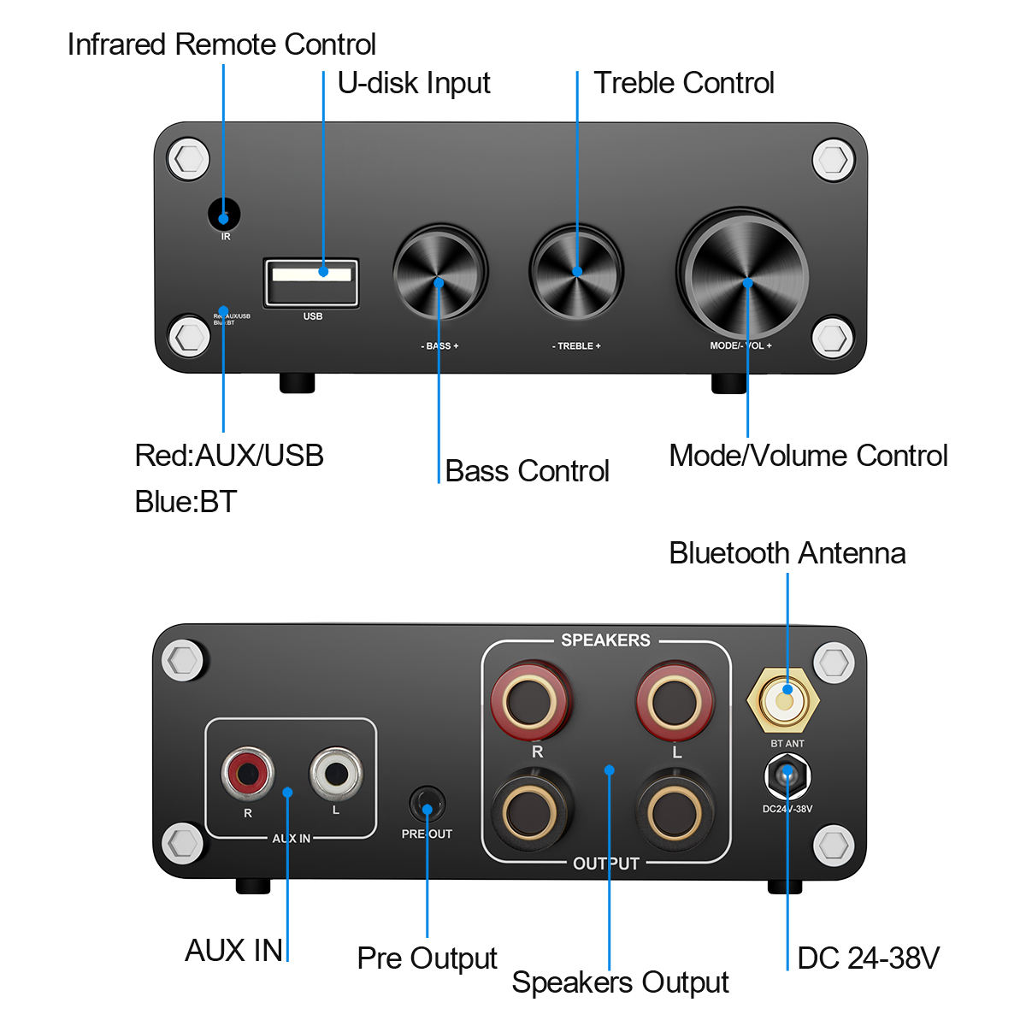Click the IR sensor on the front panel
coord(224,215)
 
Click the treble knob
coord(576,273)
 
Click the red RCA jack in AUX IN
coord(248,774)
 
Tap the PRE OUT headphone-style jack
coord(427,805)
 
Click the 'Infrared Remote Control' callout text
coord(221,44)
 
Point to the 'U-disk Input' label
coord(414,83)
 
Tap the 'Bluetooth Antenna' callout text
coord(787,553)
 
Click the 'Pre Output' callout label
coord(427,958)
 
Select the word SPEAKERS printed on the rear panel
coord(605,640)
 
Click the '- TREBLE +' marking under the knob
coord(576,346)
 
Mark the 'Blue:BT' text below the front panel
coord(186,502)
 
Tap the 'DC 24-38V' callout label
coord(868,958)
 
